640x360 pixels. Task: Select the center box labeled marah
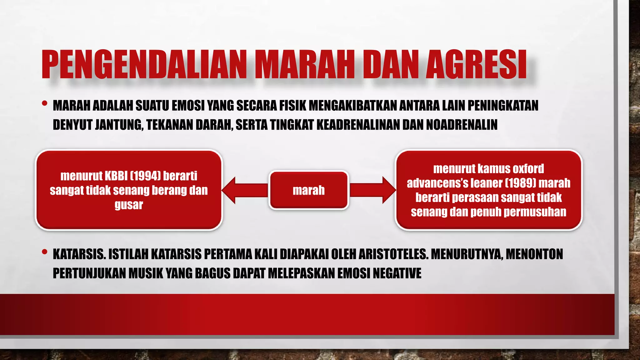309,190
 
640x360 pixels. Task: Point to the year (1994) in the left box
145,176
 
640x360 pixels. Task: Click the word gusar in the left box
129,205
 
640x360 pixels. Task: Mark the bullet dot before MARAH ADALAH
45,103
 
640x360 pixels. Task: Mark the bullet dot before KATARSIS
45,251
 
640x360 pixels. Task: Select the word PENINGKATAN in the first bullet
503,106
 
